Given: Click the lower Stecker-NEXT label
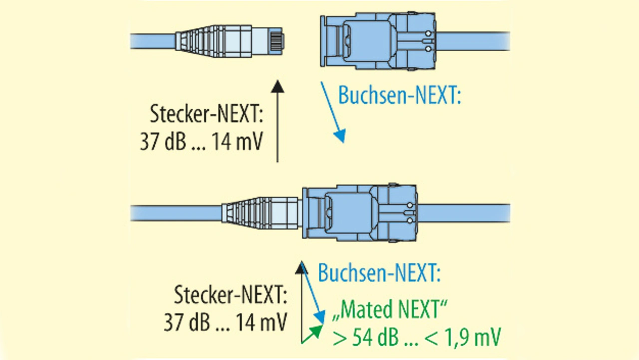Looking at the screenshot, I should (x=230, y=295).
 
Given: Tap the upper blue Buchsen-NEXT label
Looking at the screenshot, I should (x=399, y=95).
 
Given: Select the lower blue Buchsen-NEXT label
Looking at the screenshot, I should (x=379, y=273).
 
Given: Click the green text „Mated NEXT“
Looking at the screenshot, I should (x=389, y=310).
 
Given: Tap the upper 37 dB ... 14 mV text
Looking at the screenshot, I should (x=201, y=143).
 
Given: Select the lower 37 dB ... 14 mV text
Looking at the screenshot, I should (x=225, y=323).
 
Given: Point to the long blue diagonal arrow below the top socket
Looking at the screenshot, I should (x=332, y=112).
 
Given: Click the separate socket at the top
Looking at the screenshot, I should (x=377, y=41).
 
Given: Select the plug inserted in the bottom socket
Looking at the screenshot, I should (x=260, y=213).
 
